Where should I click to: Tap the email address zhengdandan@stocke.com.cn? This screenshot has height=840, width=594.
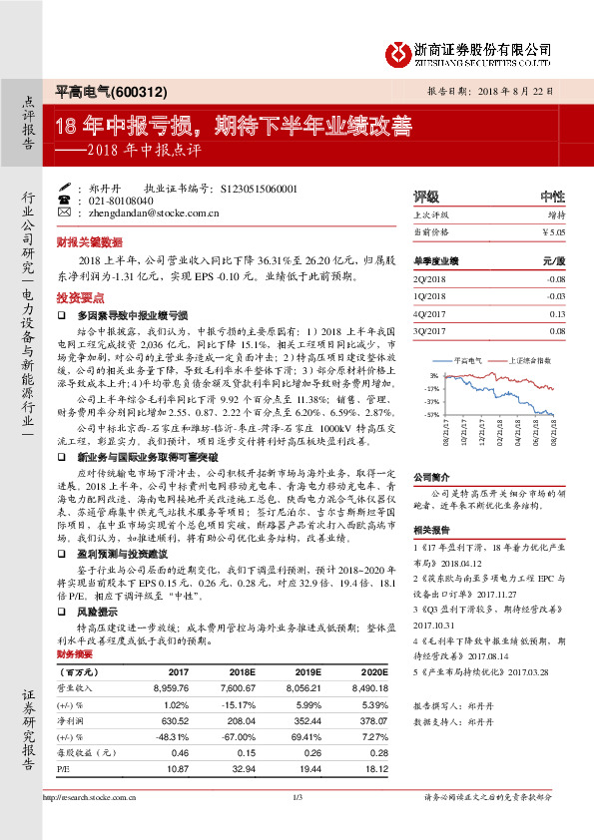152,212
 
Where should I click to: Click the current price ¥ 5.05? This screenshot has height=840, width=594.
552,231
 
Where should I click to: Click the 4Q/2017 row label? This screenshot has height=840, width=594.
430,313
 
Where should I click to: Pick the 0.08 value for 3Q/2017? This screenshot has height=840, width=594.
556,330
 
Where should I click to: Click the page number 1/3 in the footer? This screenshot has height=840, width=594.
296,798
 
